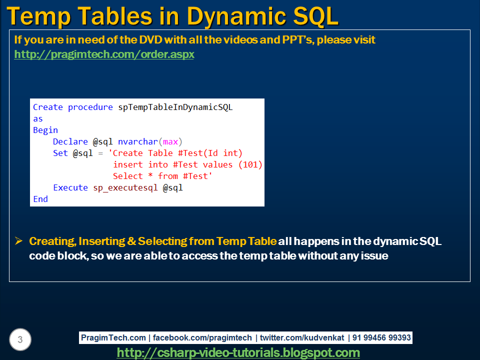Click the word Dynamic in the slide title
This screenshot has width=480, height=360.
(236, 17)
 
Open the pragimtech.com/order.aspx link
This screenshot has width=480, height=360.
(104, 54)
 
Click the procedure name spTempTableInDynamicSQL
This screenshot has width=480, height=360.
(175, 107)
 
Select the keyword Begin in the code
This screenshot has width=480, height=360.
(45, 130)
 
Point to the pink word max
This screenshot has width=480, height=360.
(170, 142)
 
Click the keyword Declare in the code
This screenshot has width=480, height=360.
(70, 141)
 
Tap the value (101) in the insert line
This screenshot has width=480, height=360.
(250, 164)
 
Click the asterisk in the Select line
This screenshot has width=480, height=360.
(150, 175)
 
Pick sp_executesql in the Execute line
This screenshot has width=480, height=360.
(125, 187)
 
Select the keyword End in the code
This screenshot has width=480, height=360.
(40, 199)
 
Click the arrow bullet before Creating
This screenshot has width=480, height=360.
(18, 241)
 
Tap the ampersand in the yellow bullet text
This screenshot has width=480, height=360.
(131, 241)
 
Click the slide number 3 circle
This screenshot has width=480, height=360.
(20, 339)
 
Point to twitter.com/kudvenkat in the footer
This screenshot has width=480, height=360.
(302, 337)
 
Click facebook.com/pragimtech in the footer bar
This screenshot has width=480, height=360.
(202, 337)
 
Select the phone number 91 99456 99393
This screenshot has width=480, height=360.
(381, 337)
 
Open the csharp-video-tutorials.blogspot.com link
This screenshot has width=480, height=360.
(238, 352)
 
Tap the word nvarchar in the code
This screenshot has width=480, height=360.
(138, 141)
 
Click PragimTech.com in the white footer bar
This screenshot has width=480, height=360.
(113, 337)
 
